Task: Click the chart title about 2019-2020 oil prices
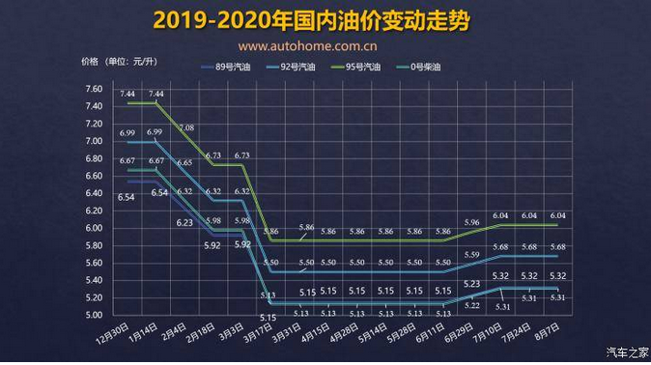(325, 20)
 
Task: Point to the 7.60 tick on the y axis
(94, 90)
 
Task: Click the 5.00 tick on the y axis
(94, 315)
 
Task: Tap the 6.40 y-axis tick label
(94, 193)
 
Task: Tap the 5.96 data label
(471, 223)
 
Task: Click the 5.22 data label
(471, 305)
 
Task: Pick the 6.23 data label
(184, 223)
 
